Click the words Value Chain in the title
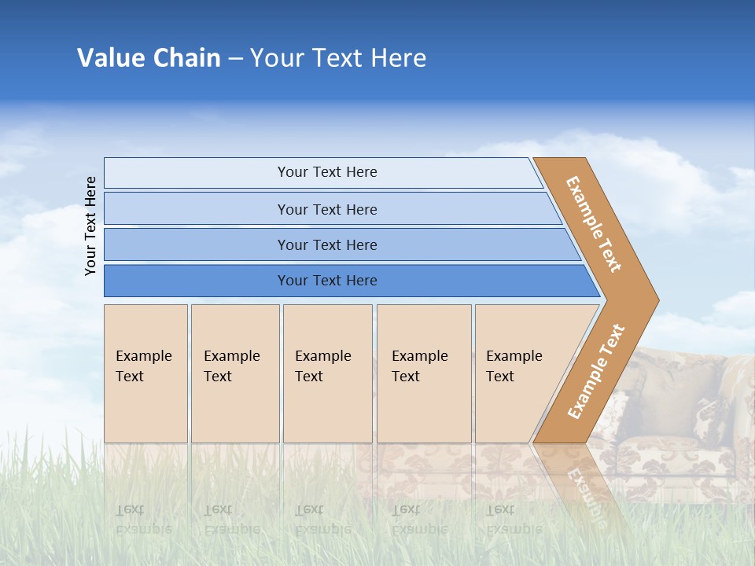[x=149, y=57]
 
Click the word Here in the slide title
[x=398, y=57]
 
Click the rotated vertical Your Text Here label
[x=91, y=226]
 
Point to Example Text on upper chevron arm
[x=594, y=224]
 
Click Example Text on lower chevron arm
[x=596, y=371]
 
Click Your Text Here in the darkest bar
[x=327, y=281]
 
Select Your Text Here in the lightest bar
[x=327, y=172]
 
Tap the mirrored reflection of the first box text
[x=144, y=520]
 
